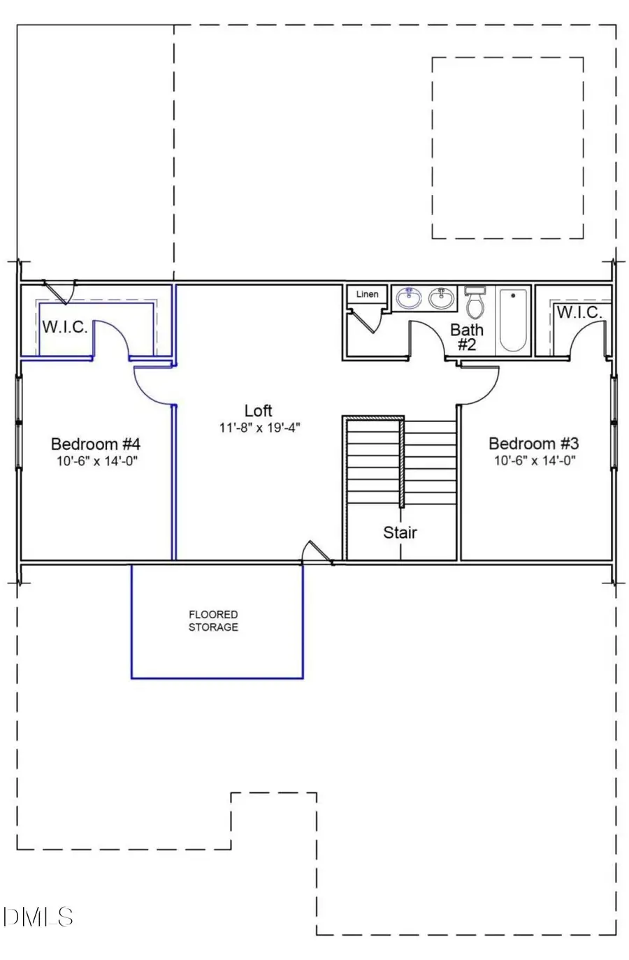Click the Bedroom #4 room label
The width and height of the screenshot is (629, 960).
tap(96, 444)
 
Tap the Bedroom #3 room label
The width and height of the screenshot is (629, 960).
tap(533, 444)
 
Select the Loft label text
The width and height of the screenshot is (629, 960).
tap(258, 411)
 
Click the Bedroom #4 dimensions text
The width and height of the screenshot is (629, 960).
tap(96, 461)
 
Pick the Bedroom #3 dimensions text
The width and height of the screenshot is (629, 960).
tap(534, 461)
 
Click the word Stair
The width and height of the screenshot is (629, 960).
tap(400, 532)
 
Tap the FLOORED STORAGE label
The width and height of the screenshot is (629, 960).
tap(213, 620)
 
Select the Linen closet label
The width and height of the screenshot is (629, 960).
tap(367, 294)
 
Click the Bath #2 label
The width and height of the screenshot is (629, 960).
tap(466, 336)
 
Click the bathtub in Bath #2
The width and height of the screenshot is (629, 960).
tap(513, 319)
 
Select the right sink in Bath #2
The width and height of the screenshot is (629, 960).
tap(441, 299)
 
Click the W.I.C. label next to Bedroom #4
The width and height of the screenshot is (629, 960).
tap(64, 326)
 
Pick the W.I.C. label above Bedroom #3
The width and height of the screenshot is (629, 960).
tap(579, 312)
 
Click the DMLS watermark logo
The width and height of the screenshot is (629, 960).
tap(38, 916)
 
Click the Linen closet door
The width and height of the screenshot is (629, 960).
tap(365, 321)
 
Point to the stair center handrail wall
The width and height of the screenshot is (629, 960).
tap(402, 462)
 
